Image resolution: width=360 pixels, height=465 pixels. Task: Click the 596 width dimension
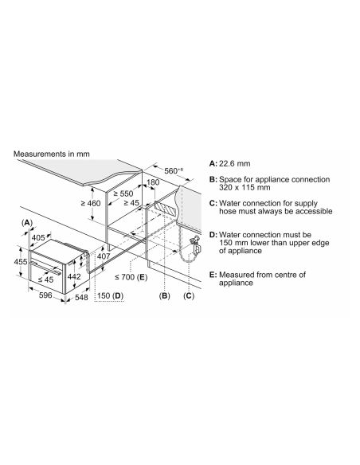click(x=45, y=295)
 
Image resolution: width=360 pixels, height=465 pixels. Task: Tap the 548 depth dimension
click(x=81, y=297)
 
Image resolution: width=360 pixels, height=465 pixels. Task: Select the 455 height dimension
click(x=21, y=261)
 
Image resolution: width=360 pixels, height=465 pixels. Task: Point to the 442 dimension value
click(x=74, y=276)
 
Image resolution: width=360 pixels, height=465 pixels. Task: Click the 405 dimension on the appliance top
click(x=38, y=237)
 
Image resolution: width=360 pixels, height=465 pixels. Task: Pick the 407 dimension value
click(x=104, y=256)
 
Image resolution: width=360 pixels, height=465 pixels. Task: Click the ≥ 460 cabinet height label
click(x=91, y=204)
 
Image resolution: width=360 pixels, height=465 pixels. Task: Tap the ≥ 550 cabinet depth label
click(x=123, y=193)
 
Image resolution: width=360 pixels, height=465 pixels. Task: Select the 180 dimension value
click(x=153, y=182)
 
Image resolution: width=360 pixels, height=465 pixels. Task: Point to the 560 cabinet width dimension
click(x=174, y=170)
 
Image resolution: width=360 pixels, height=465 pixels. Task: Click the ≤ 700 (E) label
click(x=131, y=277)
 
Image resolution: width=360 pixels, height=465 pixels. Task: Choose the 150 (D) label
click(x=110, y=295)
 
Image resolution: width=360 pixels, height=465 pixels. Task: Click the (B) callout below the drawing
click(x=165, y=295)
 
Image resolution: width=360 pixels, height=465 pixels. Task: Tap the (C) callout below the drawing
click(x=189, y=295)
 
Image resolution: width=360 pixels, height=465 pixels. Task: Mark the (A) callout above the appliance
click(x=27, y=222)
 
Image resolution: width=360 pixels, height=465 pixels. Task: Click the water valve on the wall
click(x=196, y=245)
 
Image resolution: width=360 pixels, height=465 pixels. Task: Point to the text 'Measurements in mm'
click(x=51, y=154)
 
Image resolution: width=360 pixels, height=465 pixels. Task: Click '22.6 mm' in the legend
click(x=234, y=163)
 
